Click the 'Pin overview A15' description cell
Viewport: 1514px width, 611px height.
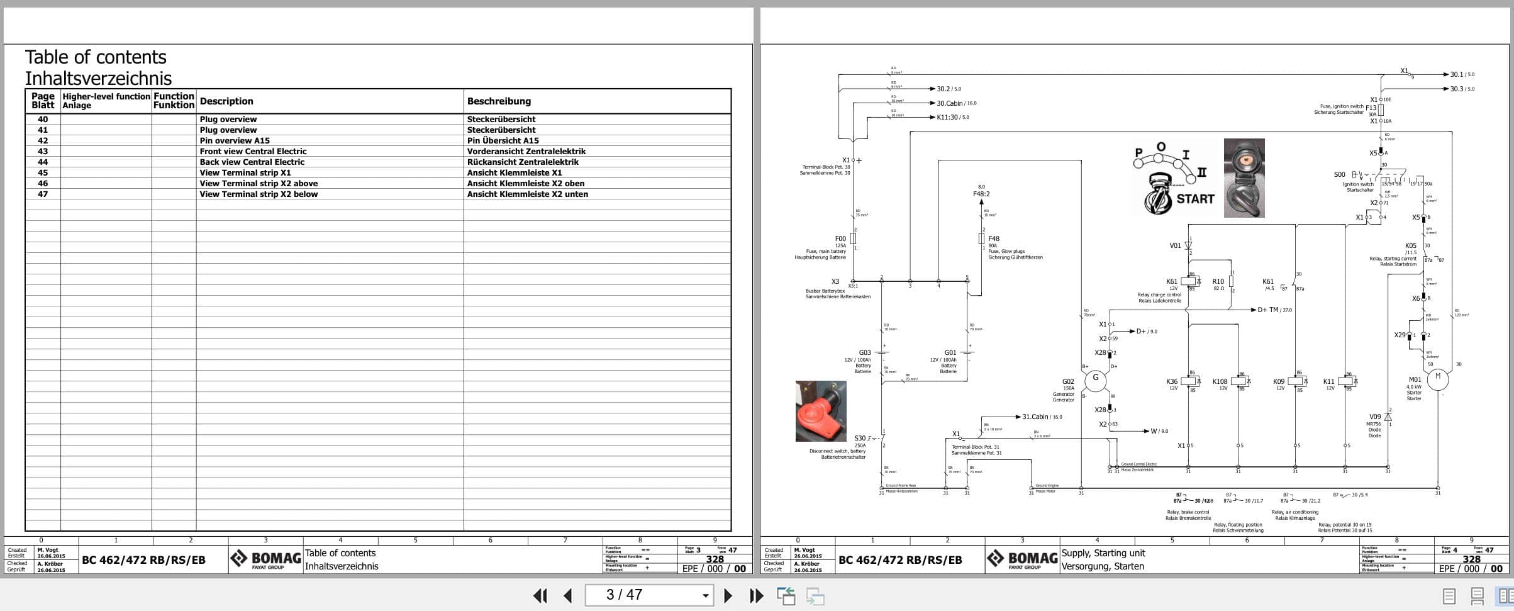pos(235,140)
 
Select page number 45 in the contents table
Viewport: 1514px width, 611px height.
pos(43,172)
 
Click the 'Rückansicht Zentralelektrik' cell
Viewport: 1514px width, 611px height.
pos(522,162)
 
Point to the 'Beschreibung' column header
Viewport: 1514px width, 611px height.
pos(499,101)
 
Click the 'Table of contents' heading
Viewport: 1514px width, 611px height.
pos(96,57)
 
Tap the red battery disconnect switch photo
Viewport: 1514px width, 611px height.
pos(821,411)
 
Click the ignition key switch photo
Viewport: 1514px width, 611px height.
pos(1244,178)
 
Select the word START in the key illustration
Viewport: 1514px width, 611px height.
pos(1195,199)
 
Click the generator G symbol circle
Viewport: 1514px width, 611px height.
pos(1095,379)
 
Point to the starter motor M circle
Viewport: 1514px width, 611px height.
pos(1437,379)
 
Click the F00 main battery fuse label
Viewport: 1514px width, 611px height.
pos(840,238)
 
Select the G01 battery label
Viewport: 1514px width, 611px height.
pos(950,353)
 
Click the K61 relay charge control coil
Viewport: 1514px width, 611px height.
pos(1188,281)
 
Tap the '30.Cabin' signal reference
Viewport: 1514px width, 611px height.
pos(950,103)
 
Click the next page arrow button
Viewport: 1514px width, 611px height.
pos(728,595)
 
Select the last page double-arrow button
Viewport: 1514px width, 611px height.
pos(756,595)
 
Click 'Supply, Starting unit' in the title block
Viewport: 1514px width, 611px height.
pos(1103,553)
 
